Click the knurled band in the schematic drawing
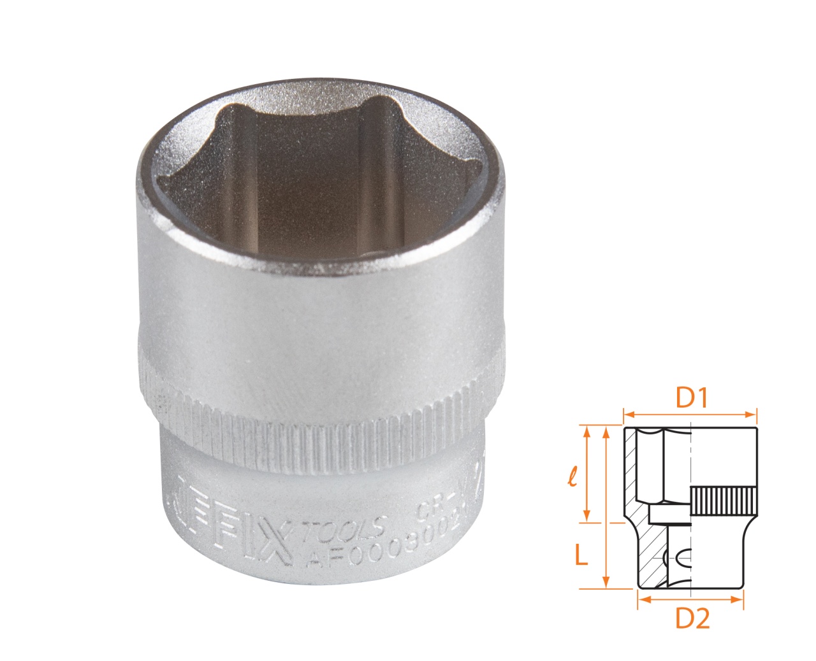[x=723, y=502]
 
